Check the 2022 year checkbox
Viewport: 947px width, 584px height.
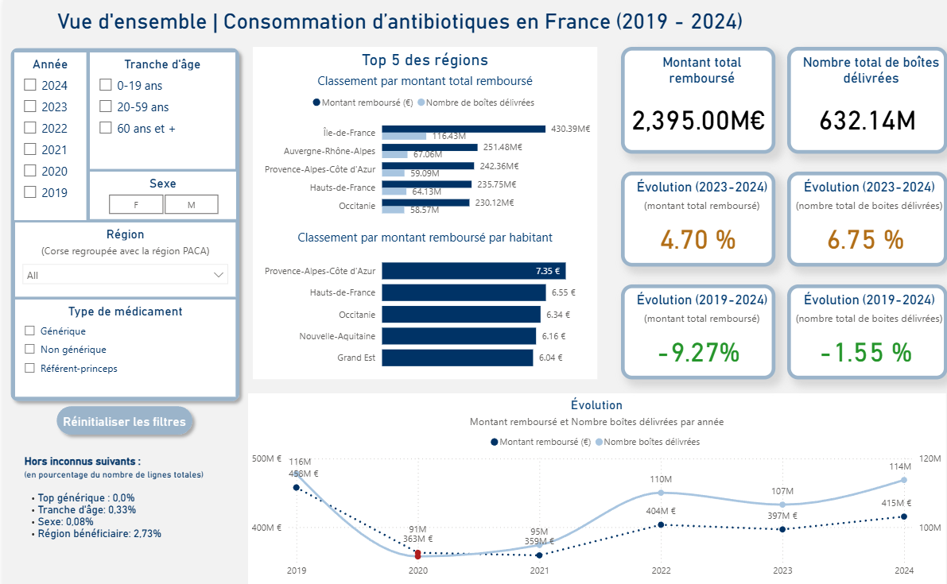30,128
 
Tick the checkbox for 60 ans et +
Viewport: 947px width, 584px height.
105,127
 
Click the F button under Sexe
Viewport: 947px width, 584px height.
136,205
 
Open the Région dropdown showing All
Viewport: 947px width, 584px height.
125,275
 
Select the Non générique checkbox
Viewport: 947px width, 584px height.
30,350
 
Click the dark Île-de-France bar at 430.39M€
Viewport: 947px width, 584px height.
464,129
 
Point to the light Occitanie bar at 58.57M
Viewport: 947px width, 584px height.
394,210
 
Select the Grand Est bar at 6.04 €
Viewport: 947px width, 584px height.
457,358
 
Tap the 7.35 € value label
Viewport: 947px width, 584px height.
548,271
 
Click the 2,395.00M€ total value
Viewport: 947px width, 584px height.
698,121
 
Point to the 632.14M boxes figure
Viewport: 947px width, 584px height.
867,121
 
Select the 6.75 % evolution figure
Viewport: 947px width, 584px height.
866,239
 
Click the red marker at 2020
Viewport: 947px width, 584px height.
418,554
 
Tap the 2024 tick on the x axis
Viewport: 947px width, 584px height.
903,570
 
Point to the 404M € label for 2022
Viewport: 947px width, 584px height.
661,511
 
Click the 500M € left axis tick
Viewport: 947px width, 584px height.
267,458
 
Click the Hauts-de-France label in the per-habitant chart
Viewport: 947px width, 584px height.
342,292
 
